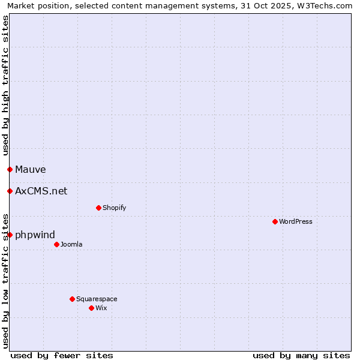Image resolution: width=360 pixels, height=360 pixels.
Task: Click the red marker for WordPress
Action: pyautogui.click(x=275, y=221)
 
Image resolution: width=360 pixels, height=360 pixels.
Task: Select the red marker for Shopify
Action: pyautogui.click(x=98, y=208)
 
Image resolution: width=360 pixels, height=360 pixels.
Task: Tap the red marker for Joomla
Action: pyautogui.click(x=56, y=244)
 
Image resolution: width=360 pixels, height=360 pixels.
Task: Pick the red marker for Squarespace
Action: pyautogui.click(x=72, y=299)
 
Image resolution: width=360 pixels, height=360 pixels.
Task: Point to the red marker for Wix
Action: pyautogui.click(x=91, y=308)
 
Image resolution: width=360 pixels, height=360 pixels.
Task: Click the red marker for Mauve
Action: pyautogui.click(x=10, y=169)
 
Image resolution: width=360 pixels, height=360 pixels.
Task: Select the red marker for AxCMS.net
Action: pyautogui.click(x=10, y=191)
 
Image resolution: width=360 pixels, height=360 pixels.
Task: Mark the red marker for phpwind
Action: pyautogui.click(x=10, y=235)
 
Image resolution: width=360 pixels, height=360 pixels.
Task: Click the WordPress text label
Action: pyautogui.click(x=296, y=221)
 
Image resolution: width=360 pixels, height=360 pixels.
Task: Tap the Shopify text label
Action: pyautogui.click(x=115, y=208)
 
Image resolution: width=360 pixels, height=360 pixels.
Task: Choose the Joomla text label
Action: pyautogui.click(x=71, y=244)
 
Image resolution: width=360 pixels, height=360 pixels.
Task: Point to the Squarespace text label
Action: pyautogui.click(x=97, y=299)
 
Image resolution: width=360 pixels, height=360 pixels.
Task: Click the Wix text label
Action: pyautogui.click(x=101, y=308)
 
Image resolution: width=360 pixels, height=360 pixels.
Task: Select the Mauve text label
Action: pyautogui.click(x=31, y=170)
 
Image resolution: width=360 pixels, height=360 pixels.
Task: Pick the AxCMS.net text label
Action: pyautogui.click(x=41, y=191)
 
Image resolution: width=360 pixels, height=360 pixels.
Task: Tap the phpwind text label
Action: pyautogui.click(x=35, y=235)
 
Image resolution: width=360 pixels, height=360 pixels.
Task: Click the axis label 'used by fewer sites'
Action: pyautogui.click(x=62, y=355)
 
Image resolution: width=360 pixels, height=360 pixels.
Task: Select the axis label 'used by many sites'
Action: pyautogui.click(x=301, y=355)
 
